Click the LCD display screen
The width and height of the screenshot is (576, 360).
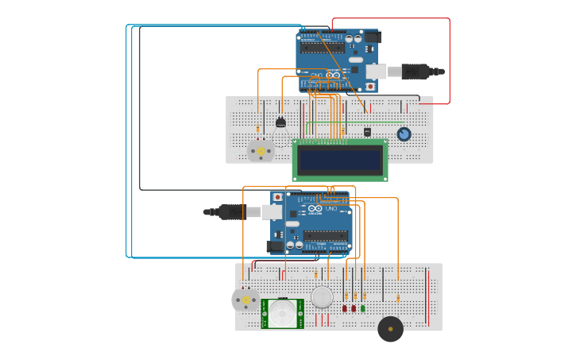pyautogui.click(x=339, y=160)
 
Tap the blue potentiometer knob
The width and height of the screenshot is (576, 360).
pyautogui.click(x=404, y=134)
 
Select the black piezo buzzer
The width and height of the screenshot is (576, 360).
pyautogui.click(x=390, y=329)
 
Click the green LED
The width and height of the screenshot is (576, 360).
pyautogui.click(x=363, y=308)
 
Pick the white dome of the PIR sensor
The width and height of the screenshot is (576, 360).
pyautogui.click(x=282, y=312)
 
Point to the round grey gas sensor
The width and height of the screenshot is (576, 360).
pyautogui.click(x=322, y=297)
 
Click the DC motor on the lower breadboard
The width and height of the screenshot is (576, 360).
pyautogui.click(x=245, y=300)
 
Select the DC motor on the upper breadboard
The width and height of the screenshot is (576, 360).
pyautogui.click(x=260, y=150)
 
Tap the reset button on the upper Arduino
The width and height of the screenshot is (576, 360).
pyautogui.click(x=369, y=86)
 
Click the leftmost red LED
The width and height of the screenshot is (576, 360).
pyautogui.click(x=345, y=308)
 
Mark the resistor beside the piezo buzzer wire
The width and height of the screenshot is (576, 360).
pyautogui.click(x=398, y=299)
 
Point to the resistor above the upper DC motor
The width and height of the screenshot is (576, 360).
pyautogui.click(x=257, y=129)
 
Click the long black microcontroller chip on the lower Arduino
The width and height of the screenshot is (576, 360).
pyautogui.click(x=324, y=235)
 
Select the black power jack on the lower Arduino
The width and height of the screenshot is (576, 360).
pyautogui.click(x=277, y=246)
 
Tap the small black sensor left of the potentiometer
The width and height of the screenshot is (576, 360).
pyautogui.click(x=367, y=132)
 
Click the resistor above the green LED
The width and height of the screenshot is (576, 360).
pyautogui.click(x=364, y=295)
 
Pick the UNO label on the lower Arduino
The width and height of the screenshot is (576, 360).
pyautogui.click(x=331, y=210)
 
